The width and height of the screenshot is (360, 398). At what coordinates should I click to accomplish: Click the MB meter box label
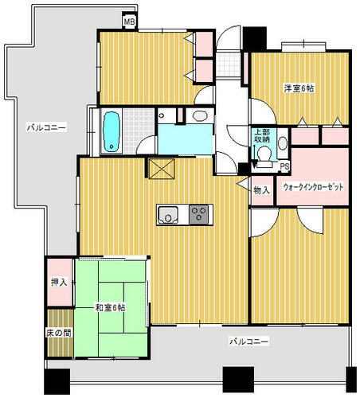coord(130,21)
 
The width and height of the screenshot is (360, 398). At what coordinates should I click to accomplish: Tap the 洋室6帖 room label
coord(299,88)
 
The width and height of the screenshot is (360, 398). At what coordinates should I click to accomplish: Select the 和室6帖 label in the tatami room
coord(110,308)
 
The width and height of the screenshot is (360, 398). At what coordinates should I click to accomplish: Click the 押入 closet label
coord(59,282)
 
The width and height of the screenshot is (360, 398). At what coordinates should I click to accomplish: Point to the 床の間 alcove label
coord(59,333)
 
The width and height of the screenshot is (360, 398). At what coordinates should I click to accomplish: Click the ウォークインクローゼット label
coord(313,187)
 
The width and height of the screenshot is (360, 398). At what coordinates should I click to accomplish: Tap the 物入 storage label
coord(262,190)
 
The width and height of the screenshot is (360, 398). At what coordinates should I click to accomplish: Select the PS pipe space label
coord(285,167)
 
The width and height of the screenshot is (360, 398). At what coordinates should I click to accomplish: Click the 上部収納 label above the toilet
coord(262,136)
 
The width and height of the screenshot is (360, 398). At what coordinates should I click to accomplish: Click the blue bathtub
coord(112,132)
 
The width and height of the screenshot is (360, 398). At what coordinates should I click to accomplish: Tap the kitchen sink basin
coord(167,215)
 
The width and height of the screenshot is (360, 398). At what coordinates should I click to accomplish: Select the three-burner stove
coord(198,214)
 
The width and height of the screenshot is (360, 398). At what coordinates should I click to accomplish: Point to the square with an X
coord(162,169)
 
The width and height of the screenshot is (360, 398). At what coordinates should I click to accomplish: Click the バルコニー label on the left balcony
coord(46,128)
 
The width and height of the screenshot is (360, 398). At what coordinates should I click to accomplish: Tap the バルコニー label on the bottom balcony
coord(249,341)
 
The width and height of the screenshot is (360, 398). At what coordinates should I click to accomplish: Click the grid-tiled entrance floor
coord(228,64)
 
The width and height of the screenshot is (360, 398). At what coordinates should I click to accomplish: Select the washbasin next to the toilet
coord(283,143)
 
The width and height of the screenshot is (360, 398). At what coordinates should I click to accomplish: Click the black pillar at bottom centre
coord(238,380)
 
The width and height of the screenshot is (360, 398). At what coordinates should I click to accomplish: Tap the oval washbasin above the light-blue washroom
coord(200,115)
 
